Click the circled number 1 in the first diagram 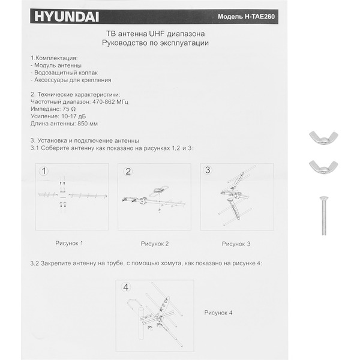pyautogui.click(x=44, y=171)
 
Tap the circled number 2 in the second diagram pyautogui.click(x=128, y=171)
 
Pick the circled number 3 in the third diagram pyautogui.click(x=208, y=170)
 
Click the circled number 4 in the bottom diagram pyautogui.click(x=126, y=287)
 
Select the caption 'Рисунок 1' pyautogui.click(x=69, y=243)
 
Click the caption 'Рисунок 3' pyautogui.click(x=236, y=244)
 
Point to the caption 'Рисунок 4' pyautogui.click(x=218, y=313)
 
